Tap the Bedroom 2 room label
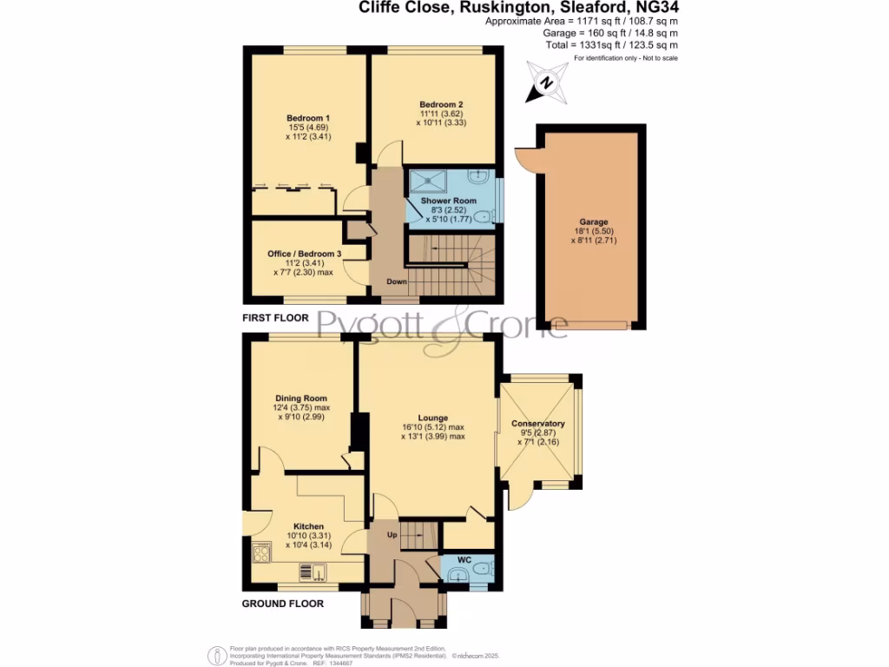coord(437,104)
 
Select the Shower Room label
coord(449,201)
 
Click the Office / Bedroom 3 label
coord(303,254)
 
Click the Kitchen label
coord(308,526)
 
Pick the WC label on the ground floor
coord(464,560)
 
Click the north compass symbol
coord(546,83)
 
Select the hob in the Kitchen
coord(261,554)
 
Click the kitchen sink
coord(310,571)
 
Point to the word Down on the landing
coord(397,282)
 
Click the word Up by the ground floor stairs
coord(392,535)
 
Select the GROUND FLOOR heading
coord(282,604)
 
